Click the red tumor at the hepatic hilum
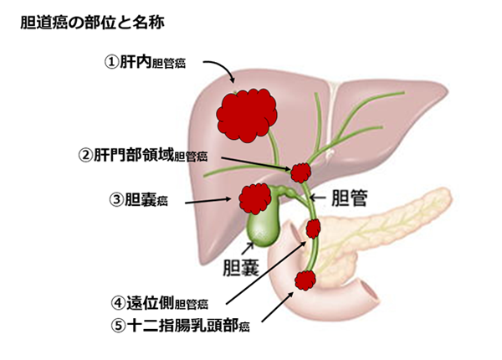(x=300, y=173)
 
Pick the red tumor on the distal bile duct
(x=315, y=227)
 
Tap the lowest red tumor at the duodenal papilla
(x=304, y=280)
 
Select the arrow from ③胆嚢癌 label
(x=208, y=201)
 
